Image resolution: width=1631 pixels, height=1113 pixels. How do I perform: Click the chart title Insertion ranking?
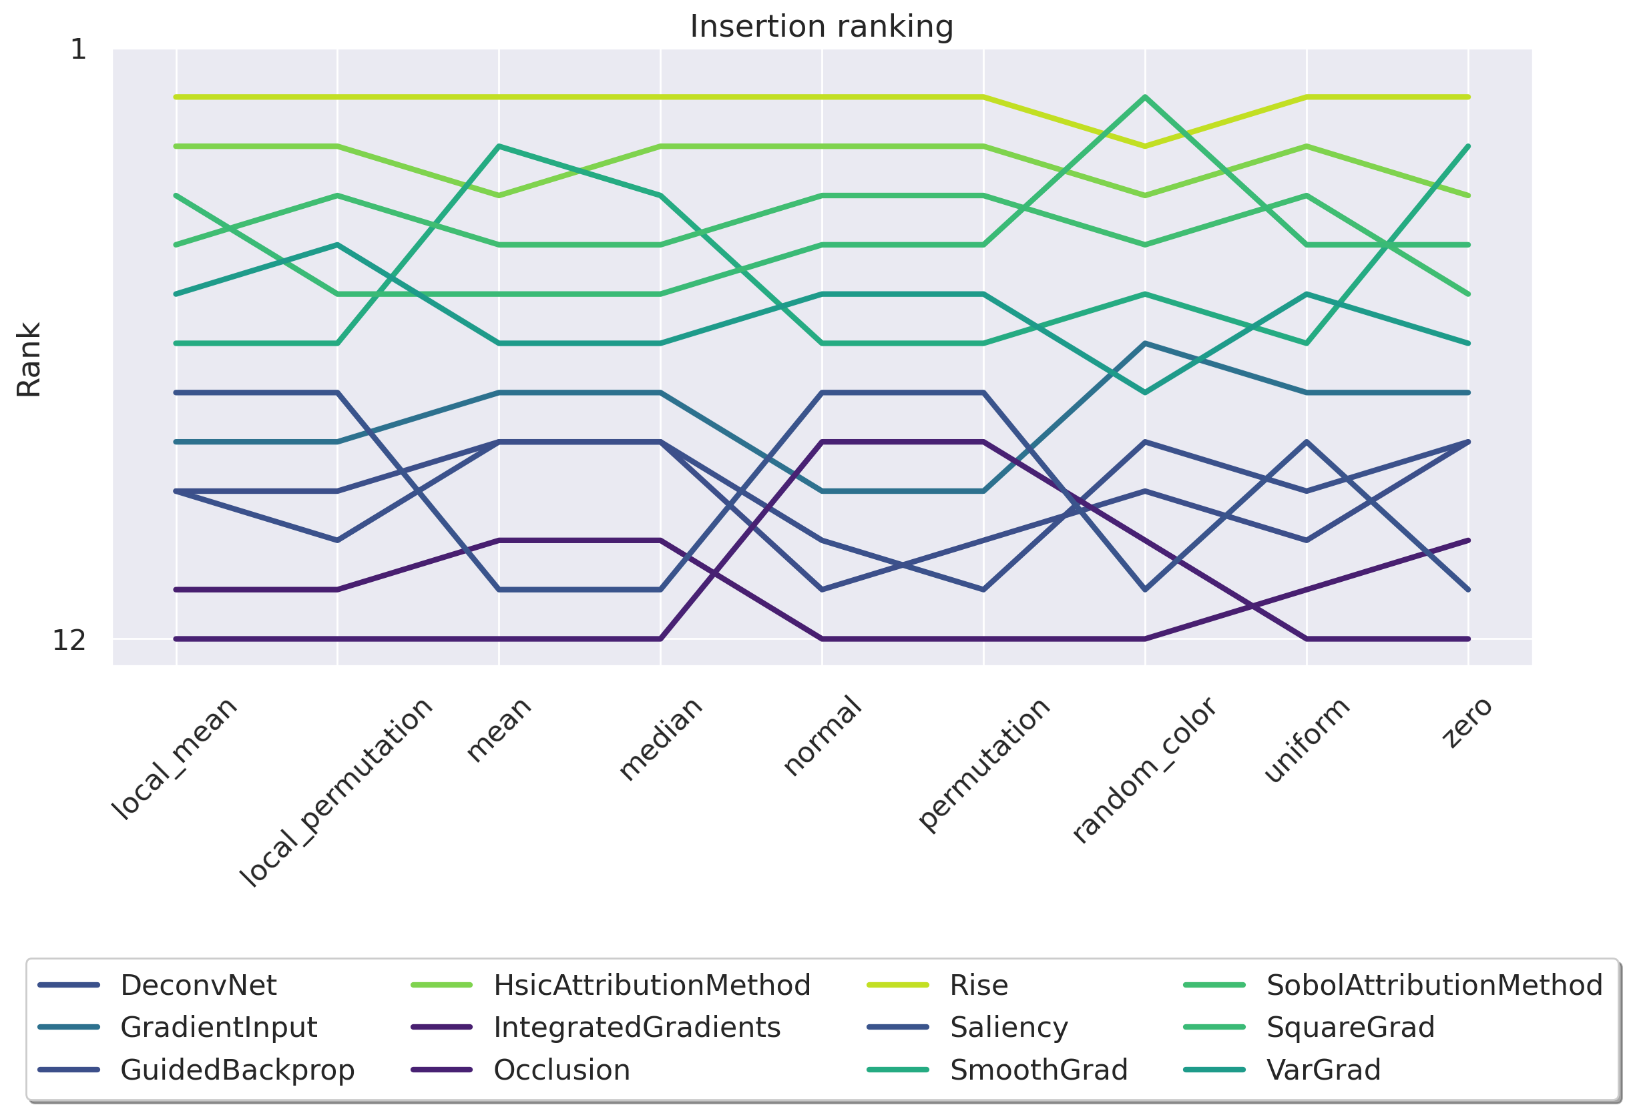click(x=821, y=27)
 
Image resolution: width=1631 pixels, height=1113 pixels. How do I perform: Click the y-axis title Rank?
click(x=29, y=360)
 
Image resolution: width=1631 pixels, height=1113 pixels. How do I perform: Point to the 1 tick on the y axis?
click(x=78, y=50)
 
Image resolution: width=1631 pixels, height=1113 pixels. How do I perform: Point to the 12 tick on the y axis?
click(x=69, y=641)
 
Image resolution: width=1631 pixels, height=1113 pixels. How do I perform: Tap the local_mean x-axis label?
click(x=176, y=759)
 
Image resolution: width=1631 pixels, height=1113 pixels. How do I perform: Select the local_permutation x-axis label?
click(x=336, y=793)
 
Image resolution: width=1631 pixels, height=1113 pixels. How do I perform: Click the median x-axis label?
click(x=660, y=739)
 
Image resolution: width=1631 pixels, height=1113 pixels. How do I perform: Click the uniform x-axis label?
click(x=1306, y=740)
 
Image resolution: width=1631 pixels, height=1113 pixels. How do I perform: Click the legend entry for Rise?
click(x=978, y=986)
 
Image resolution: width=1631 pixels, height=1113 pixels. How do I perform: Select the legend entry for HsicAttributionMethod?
click(x=652, y=986)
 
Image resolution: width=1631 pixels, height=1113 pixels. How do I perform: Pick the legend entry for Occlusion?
click(x=561, y=1070)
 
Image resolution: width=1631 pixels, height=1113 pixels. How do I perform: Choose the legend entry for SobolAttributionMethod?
click(x=1434, y=986)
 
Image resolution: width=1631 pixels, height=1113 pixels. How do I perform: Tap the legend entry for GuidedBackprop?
click(x=237, y=1070)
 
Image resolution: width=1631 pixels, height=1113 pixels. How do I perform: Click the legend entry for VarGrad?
click(x=1323, y=1070)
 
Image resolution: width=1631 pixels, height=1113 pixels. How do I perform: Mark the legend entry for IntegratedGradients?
click(x=636, y=1028)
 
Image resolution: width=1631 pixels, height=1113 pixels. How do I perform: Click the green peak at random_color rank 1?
click(x=1145, y=97)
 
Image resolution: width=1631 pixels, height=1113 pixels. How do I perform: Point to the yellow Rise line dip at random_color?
click(x=1145, y=146)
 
